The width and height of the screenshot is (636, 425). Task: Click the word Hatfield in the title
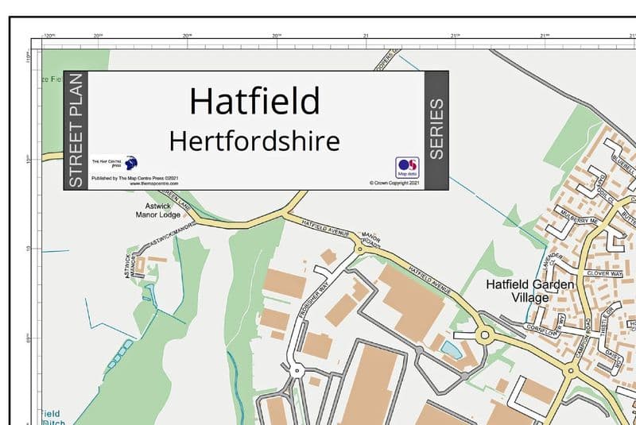click(254, 101)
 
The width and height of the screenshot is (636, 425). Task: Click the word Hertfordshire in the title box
click(254, 141)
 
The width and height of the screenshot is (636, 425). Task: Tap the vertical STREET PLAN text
click(76, 130)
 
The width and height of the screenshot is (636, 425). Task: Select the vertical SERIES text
click(436, 129)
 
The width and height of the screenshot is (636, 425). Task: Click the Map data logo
click(407, 166)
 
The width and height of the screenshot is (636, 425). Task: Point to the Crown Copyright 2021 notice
click(394, 183)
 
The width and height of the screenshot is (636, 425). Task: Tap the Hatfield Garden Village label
click(518, 291)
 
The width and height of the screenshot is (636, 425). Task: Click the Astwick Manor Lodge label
click(158, 210)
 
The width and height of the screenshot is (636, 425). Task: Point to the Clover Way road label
click(604, 273)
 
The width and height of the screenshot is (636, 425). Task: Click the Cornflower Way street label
click(547, 326)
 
